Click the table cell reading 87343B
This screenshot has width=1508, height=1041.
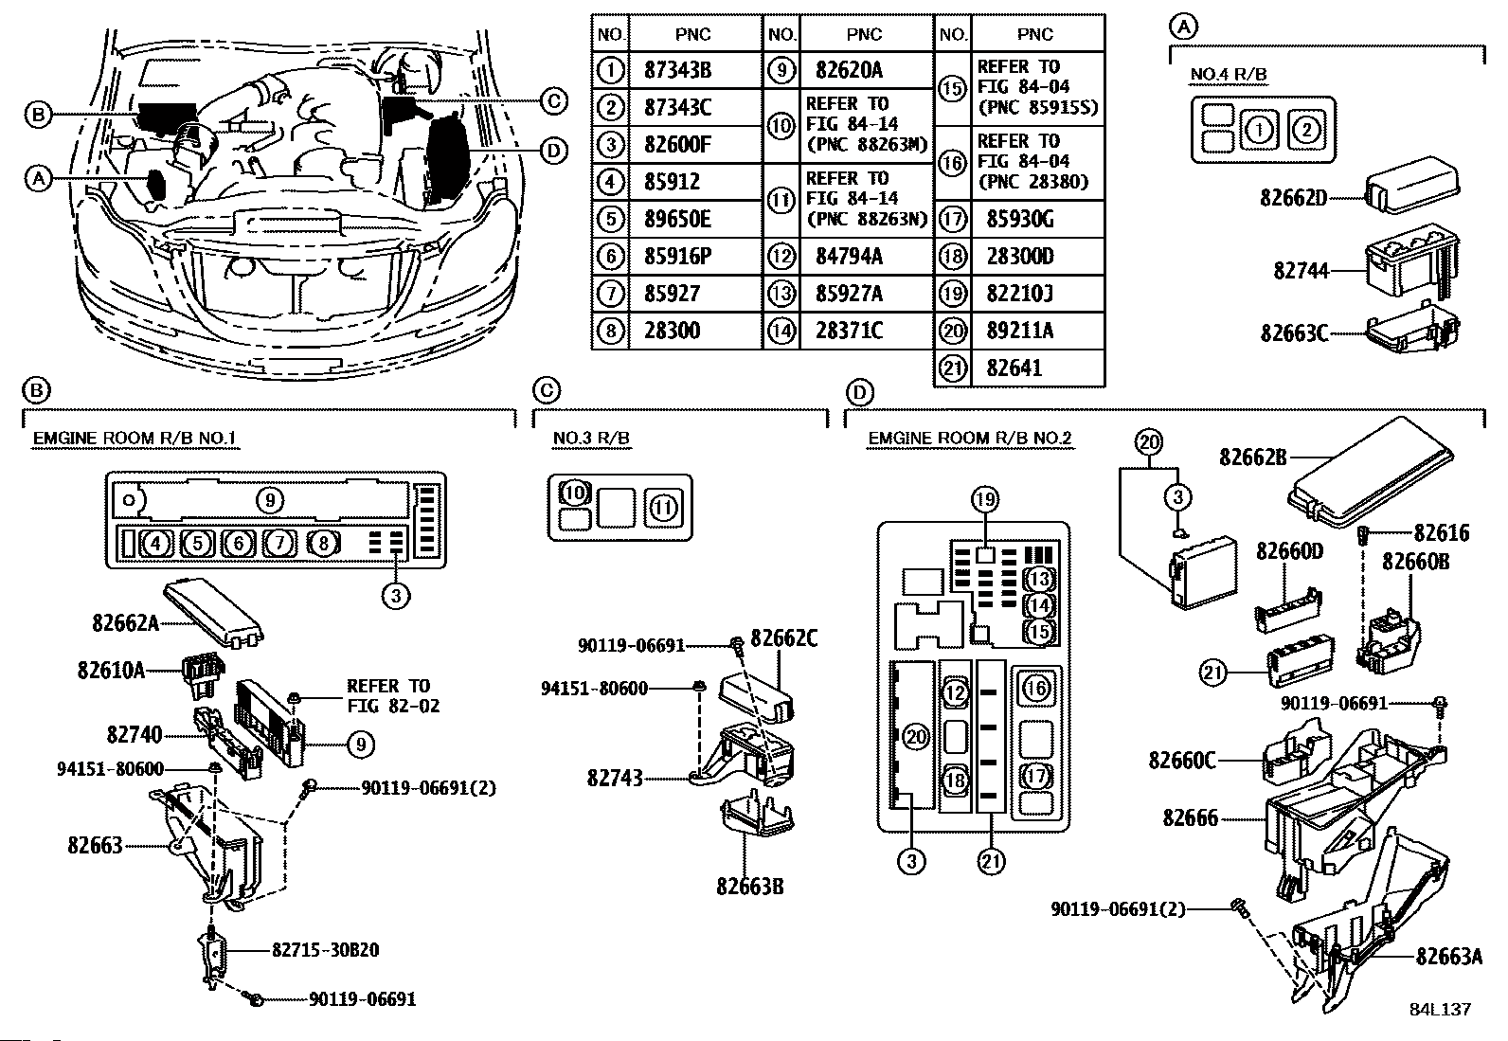pyautogui.click(x=677, y=70)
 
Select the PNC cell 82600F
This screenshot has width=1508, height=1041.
pyautogui.click(x=677, y=145)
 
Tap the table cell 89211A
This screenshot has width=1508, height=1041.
pyautogui.click(x=1020, y=331)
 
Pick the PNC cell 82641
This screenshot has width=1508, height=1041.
pyautogui.click(x=1014, y=368)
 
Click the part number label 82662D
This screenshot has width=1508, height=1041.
pyautogui.click(x=1293, y=198)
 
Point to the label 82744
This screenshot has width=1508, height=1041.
pyautogui.click(x=1301, y=271)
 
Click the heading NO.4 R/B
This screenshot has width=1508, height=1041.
pyautogui.click(x=1228, y=74)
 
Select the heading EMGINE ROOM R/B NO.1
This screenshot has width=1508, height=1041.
pyautogui.click(x=135, y=439)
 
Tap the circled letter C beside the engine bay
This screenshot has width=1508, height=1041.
pyautogui.click(x=553, y=101)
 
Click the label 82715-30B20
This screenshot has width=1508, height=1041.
pyautogui.click(x=325, y=950)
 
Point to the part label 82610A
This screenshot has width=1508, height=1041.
pyautogui.click(x=111, y=671)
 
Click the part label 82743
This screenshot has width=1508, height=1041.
pyautogui.click(x=615, y=779)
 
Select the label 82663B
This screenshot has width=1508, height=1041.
pyautogui.click(x=750, y=887)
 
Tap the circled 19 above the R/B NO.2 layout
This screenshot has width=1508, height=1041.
pyautogui.click(x=985, y=499)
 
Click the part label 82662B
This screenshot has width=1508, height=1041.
pyautogui.click(x=1253, y=458)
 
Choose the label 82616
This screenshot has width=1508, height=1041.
pyautogui.click(x=1442, y=533)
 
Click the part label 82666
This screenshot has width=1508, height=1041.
pyautogui.click(x=1191, y=818)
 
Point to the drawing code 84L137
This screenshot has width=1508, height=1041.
pyautogui.click(x=1440, y=1010)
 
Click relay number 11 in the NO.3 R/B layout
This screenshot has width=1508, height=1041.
pyautogui.click(x=663, y=507)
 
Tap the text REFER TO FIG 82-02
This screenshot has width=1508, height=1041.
pyautogui.click(x=393, y=695)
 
